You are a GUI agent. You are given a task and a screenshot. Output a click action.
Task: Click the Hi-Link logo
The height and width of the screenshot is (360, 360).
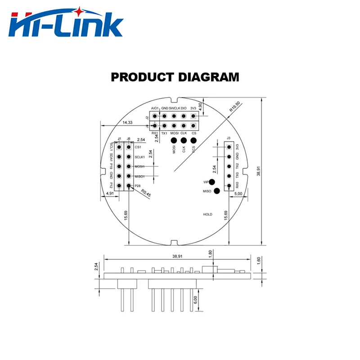(x=66, y=24)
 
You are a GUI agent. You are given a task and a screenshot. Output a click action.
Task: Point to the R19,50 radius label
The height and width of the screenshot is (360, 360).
(x=234, y=107)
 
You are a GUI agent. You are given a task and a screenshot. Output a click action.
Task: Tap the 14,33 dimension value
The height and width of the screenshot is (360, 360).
(x=128, y=122)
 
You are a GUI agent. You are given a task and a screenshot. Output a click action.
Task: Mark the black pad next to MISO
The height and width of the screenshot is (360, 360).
(x=217, y=191)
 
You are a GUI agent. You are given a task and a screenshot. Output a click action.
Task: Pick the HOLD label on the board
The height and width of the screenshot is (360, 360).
(x=207, y=215)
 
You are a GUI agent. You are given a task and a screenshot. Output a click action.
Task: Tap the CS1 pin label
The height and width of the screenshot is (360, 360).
(x=138, y=147)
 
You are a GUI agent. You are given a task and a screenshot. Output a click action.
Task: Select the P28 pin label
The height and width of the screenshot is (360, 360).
(x=138, y=185)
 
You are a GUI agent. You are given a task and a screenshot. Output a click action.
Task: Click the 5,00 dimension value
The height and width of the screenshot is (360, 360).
(x=239, y=193)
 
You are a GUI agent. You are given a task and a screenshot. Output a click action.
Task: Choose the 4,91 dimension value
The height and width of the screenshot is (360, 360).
(x=109, y=193)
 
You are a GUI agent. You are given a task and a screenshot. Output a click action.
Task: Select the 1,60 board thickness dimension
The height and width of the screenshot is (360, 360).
(x=258, y=261)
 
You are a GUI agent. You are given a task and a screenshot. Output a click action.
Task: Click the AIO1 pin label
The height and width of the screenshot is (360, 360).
(x=155, y=108)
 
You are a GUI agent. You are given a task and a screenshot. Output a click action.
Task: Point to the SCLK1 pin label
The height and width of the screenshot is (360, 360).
(x=139, y=157)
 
